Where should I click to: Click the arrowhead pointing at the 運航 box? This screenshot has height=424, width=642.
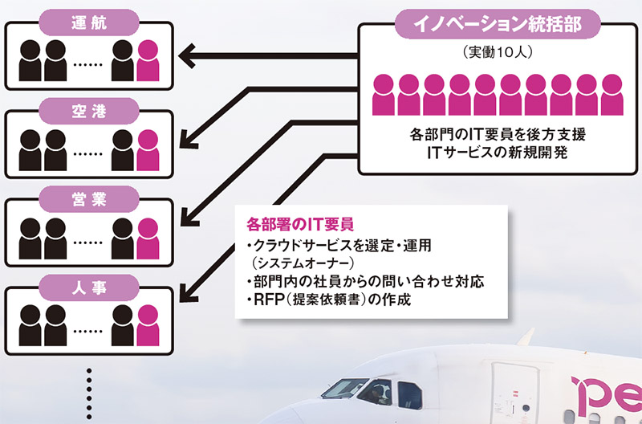[x=186, y=55]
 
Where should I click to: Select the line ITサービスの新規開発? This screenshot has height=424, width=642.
[x=498, y=153]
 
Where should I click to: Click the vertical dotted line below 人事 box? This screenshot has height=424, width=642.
[x=89, y=393]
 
